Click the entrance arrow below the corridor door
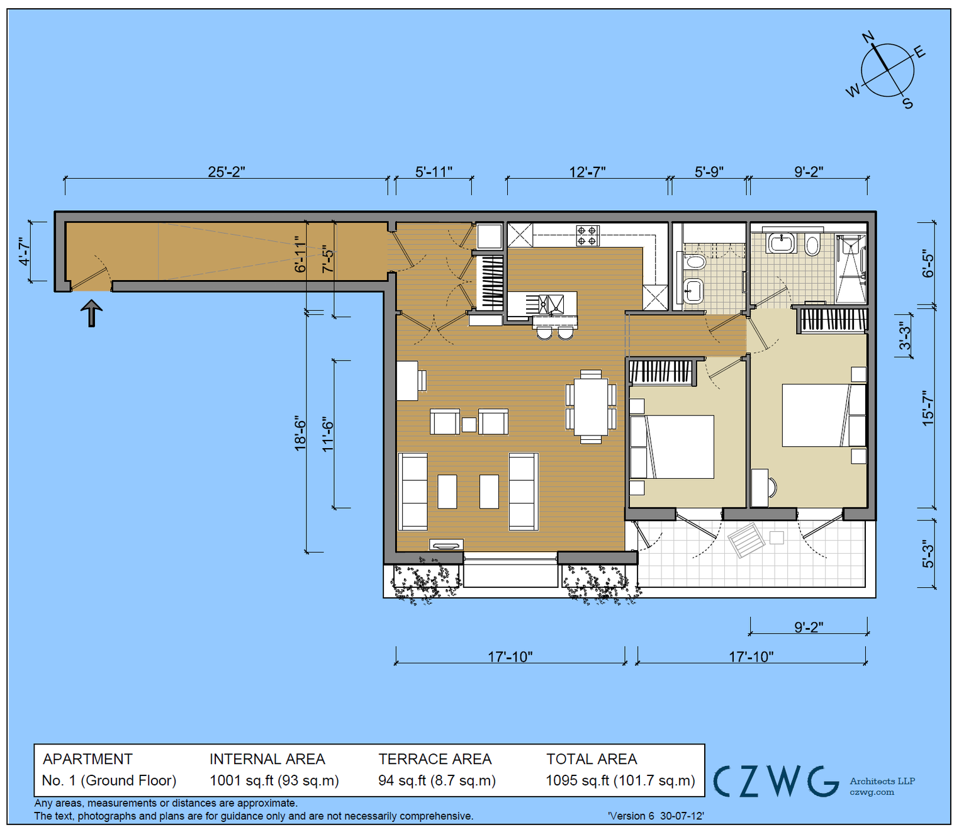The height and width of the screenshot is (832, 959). pos(92,313)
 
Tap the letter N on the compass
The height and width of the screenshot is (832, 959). pos(868,37)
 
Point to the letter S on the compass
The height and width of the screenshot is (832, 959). pos(907,103)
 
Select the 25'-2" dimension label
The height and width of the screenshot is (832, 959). pos(226,172)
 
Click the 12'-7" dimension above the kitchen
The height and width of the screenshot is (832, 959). pos(587,172)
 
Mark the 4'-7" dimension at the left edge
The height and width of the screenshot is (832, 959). pos(25,251)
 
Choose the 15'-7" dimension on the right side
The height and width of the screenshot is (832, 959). pos(928,408)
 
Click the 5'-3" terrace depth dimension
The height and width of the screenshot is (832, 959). pos(928,554)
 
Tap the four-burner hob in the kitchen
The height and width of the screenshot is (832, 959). pos(587,235)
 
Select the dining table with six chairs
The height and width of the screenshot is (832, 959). pos(590,407)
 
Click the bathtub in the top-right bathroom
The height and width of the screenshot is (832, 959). pos(781,242)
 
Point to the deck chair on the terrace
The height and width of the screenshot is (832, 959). pos(746,539)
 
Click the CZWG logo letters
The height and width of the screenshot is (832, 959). pos(776,781)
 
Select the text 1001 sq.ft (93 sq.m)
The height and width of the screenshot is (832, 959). pos(274,780)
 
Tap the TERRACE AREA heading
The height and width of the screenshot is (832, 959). pos(435,759)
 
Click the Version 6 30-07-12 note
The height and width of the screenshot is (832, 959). pos(656,816)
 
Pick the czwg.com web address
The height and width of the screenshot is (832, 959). pos(872,792)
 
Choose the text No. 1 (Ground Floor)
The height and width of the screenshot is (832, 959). pos(109,780)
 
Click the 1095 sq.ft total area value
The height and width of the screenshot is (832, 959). pos(620,780)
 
